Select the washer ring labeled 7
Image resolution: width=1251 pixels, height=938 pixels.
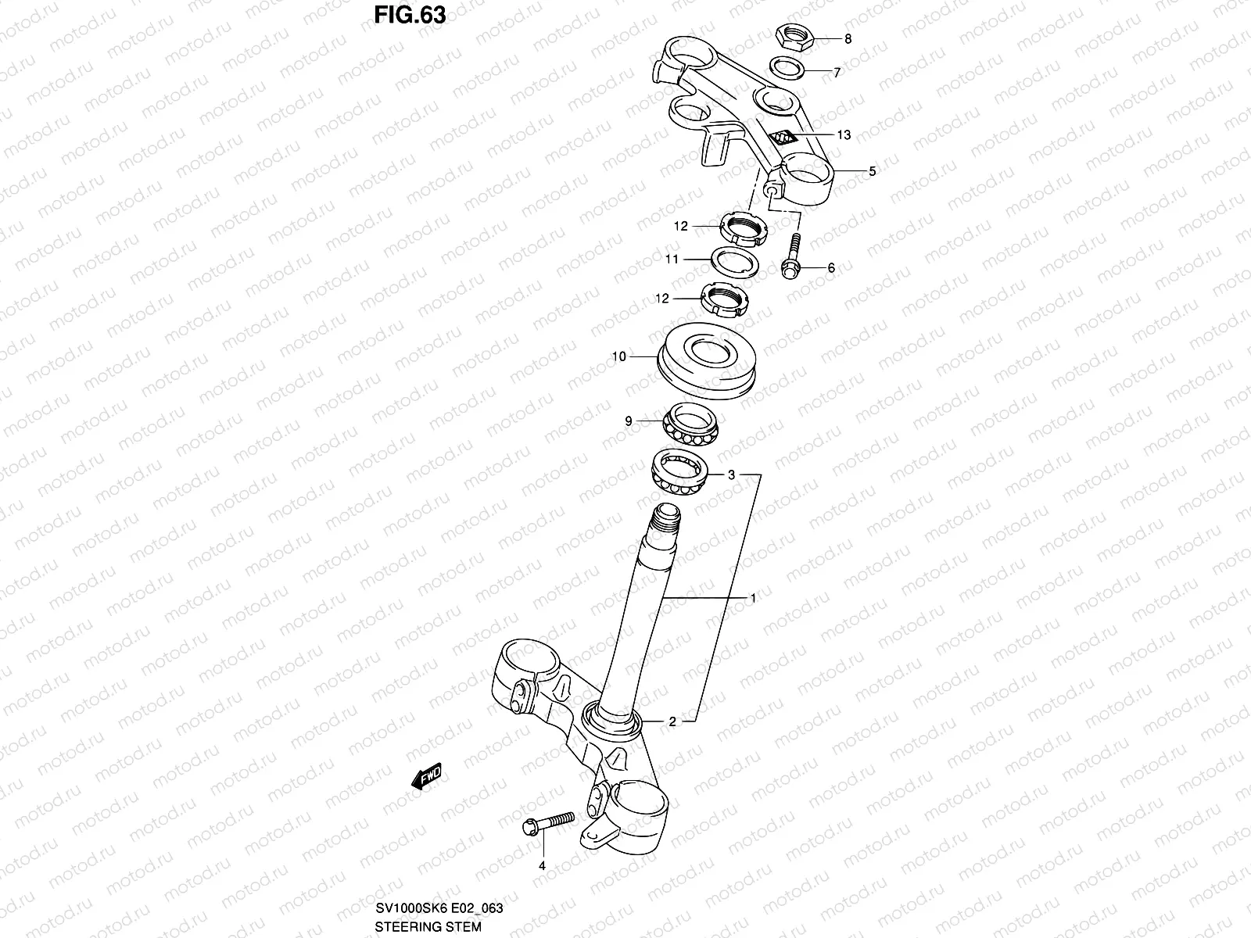coord(788,69)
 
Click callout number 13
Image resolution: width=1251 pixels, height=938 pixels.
coord(844,134)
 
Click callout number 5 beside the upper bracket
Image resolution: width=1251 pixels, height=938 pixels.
coord(873,171)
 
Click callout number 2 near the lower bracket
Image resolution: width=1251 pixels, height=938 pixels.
coord(672,721)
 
